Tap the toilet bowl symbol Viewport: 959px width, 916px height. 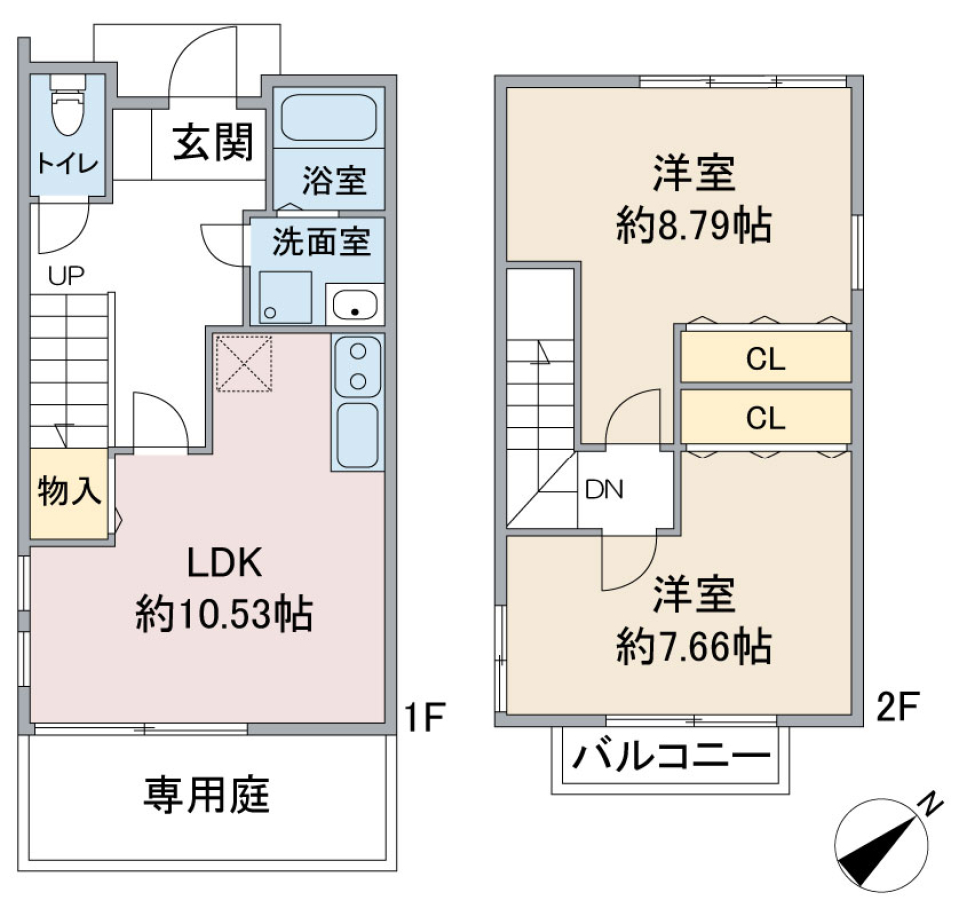(x=67, y=112)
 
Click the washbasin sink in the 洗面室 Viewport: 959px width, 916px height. (x=353, y=304)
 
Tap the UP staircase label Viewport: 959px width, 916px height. (x=66, y=276)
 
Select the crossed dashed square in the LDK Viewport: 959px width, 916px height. (x=245, y=364)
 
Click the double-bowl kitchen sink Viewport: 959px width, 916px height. (x=357, y=365)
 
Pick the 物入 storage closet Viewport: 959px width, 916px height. (x=69, y=494)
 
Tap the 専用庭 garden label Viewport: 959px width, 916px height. (x=207, y=796)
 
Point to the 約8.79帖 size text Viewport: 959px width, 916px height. (x=693, y=228)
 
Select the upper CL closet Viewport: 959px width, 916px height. (x=765, y=358)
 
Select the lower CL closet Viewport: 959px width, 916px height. (x=765, y=417)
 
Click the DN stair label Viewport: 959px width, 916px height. (x=604, y=489)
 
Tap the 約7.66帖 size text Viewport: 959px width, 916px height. (x=693, y=650)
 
